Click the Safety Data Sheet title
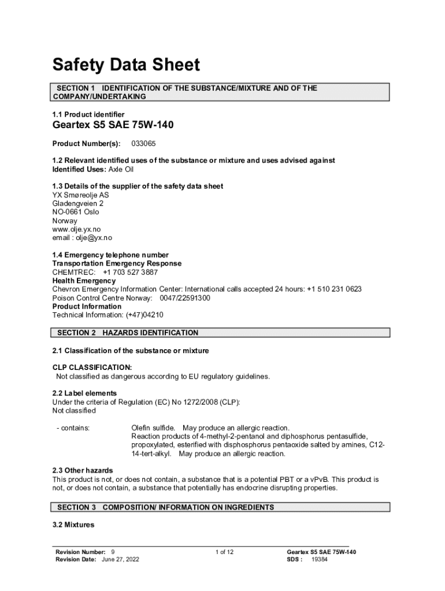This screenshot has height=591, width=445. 126,65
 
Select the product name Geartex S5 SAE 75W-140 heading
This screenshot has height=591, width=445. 113,125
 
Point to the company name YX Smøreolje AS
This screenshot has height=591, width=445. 80,195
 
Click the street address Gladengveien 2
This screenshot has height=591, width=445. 78,204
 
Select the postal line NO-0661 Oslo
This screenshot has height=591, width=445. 76,212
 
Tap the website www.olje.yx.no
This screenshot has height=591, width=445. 76,229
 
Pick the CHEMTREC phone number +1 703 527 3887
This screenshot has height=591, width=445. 130,272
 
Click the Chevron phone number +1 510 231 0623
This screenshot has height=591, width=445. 334,289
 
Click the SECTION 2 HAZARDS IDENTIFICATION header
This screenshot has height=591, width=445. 127,333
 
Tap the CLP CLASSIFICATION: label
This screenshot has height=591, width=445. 92,368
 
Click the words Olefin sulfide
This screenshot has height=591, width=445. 153,428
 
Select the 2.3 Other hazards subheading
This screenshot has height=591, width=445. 83,471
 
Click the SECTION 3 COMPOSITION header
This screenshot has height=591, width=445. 165,507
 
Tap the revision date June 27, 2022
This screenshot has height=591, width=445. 120,560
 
